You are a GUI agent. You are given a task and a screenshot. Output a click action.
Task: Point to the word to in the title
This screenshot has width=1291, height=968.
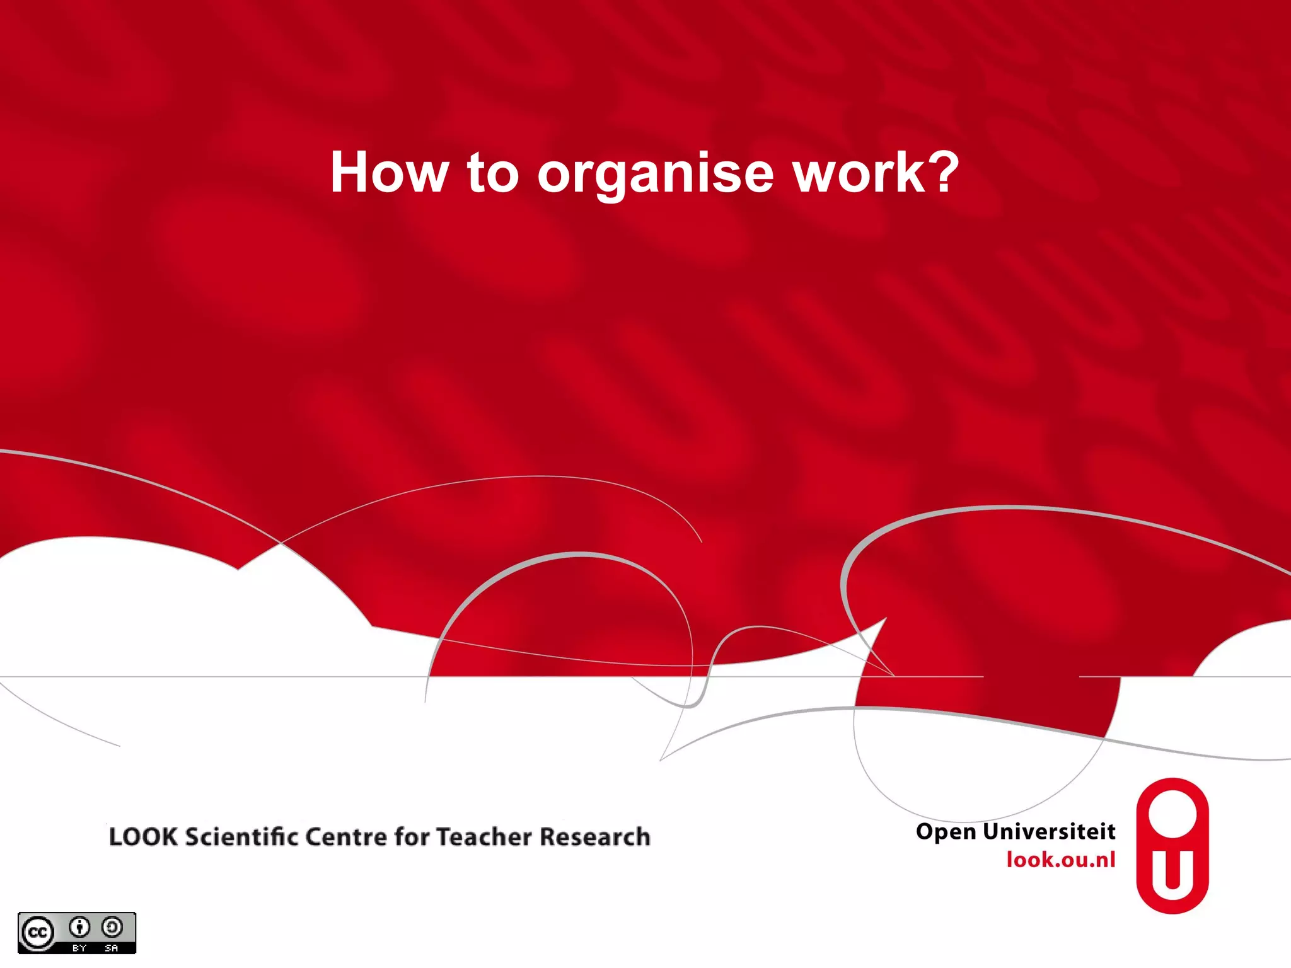[492, 173]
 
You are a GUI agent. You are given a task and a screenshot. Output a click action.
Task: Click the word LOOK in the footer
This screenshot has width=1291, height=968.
[143, 837]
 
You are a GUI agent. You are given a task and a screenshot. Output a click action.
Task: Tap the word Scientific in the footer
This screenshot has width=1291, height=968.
[241, 837]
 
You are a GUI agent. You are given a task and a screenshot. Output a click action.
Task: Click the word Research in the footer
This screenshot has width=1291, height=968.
[595, 837]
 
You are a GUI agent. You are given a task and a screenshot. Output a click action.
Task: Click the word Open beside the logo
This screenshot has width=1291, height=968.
[946, 833]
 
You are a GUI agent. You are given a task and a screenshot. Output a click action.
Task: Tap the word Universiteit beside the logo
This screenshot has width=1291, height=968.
[1050, 831]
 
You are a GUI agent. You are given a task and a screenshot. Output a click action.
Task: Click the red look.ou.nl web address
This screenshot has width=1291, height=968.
[1061, 860]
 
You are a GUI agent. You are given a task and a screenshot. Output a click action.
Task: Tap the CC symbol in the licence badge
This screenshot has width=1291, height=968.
[38, 933]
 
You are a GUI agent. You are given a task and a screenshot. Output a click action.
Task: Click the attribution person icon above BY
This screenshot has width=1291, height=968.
[79, 927]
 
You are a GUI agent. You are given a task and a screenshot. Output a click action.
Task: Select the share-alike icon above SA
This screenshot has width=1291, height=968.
[112, 927]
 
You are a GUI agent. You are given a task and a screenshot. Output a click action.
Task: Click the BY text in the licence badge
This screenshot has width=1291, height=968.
[79, 947]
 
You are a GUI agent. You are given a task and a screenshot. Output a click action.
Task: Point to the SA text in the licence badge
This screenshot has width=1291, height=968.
[112, 947]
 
